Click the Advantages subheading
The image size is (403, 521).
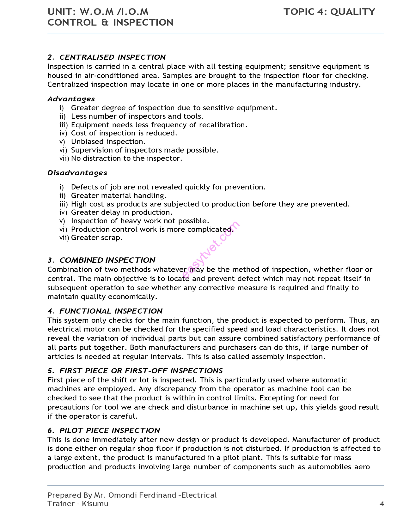pos(71,99)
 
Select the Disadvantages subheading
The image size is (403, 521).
pos(77,173)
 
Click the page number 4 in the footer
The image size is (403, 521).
pos(382,504)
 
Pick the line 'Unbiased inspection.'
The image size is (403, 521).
pos(108,142)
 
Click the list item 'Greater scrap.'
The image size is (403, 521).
pos(96,238)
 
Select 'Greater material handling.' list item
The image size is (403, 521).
pos(119,196)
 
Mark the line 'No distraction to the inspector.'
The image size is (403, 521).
pos(126,159)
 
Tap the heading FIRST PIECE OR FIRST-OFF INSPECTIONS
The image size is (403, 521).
pos(141,371)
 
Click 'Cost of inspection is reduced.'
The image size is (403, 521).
pos(124,133)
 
